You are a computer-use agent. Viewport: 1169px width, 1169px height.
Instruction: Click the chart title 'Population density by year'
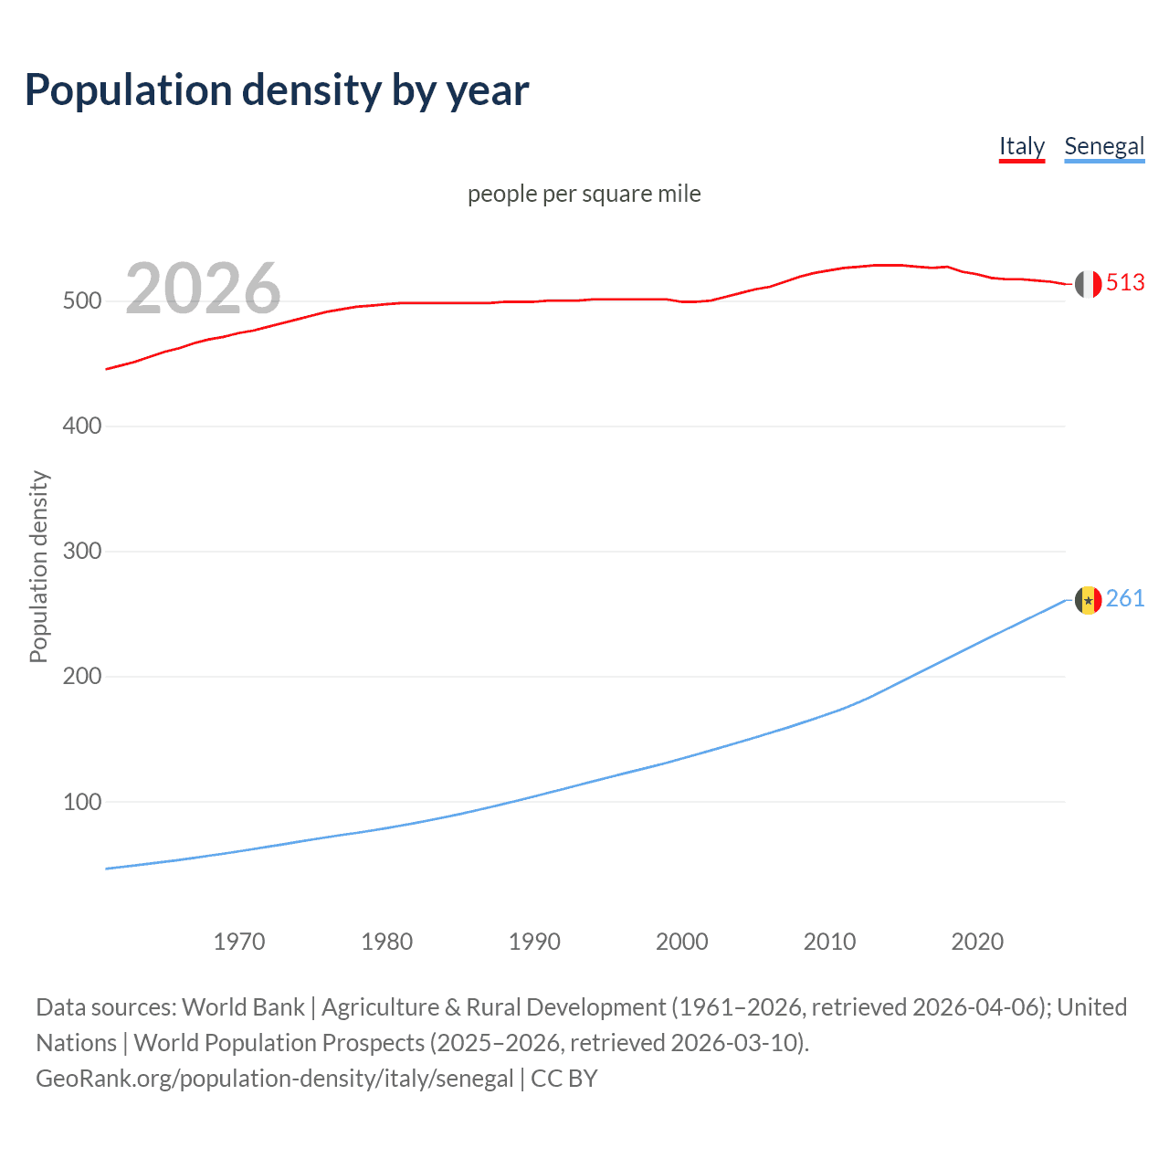click(277, 90)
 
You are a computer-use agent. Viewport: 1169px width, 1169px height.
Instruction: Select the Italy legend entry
click(1021, 146)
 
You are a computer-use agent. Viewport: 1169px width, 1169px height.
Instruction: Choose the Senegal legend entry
click(1104, 146)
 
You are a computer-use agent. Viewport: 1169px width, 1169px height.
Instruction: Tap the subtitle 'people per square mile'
click(584, 194)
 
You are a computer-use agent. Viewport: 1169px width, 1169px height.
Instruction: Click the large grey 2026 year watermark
click(203, 289)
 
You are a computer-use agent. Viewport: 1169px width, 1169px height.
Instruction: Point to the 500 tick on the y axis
click(81, 301)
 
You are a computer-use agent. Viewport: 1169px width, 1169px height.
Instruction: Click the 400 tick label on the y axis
click(81, 427)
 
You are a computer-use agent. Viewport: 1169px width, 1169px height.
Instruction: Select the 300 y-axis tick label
click(81, 552)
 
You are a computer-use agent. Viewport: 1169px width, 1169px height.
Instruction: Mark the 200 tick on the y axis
click(81, 677)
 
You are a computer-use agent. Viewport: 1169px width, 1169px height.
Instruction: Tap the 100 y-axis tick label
click(81, 802)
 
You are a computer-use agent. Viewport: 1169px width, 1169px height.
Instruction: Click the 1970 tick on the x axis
click(239, 942)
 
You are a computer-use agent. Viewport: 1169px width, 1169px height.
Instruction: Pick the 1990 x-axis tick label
click(534, 942)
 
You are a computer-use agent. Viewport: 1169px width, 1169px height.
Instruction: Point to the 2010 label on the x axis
click(829, 942)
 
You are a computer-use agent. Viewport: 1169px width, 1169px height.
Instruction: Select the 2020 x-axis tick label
click(977, 942)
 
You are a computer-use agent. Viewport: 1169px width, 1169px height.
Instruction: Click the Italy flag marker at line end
click(1088, 284)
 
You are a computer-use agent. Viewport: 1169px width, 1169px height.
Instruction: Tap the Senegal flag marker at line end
click(1088, 600)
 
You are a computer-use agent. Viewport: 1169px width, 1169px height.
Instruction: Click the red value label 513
click(1125, 283)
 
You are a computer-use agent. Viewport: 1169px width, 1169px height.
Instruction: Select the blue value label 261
click(1125, 599)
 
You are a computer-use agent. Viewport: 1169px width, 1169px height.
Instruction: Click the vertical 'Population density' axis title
click(38, 566)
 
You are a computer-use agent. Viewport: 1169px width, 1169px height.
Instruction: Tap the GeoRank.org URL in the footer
click(274, 1079)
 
